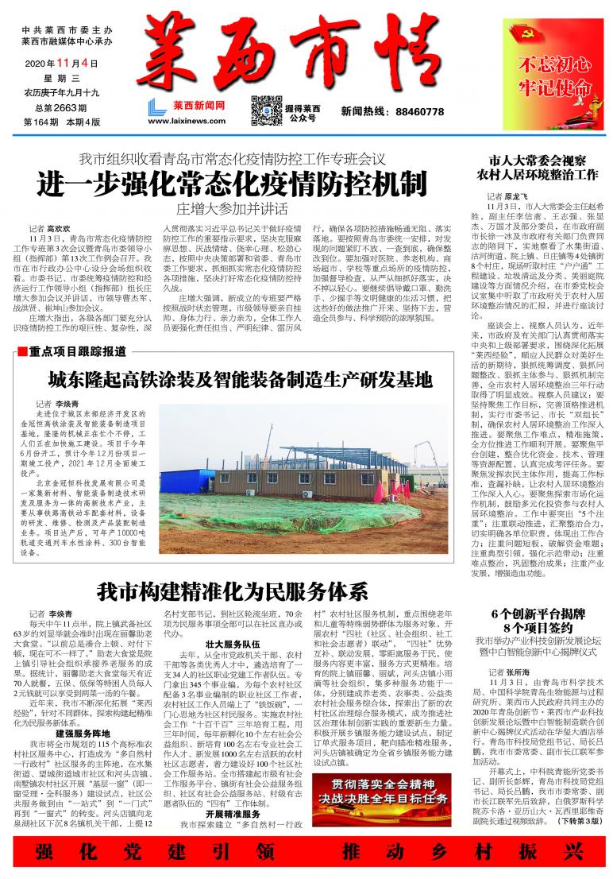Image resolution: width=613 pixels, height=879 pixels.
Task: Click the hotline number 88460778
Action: click(x=414, y=113)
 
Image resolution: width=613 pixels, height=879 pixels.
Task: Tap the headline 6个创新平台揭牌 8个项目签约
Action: click(x=538, y=621)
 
